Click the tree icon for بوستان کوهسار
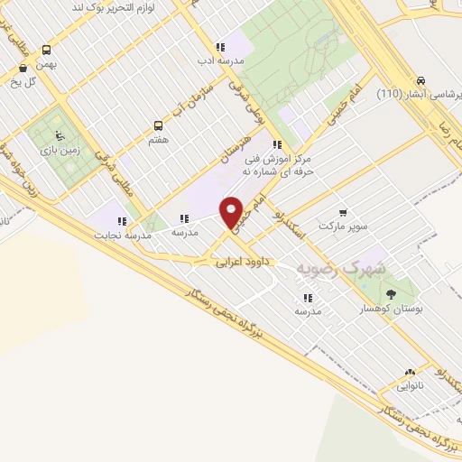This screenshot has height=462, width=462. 390,294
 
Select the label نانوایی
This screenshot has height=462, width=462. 411,386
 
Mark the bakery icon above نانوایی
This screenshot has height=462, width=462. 411,372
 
